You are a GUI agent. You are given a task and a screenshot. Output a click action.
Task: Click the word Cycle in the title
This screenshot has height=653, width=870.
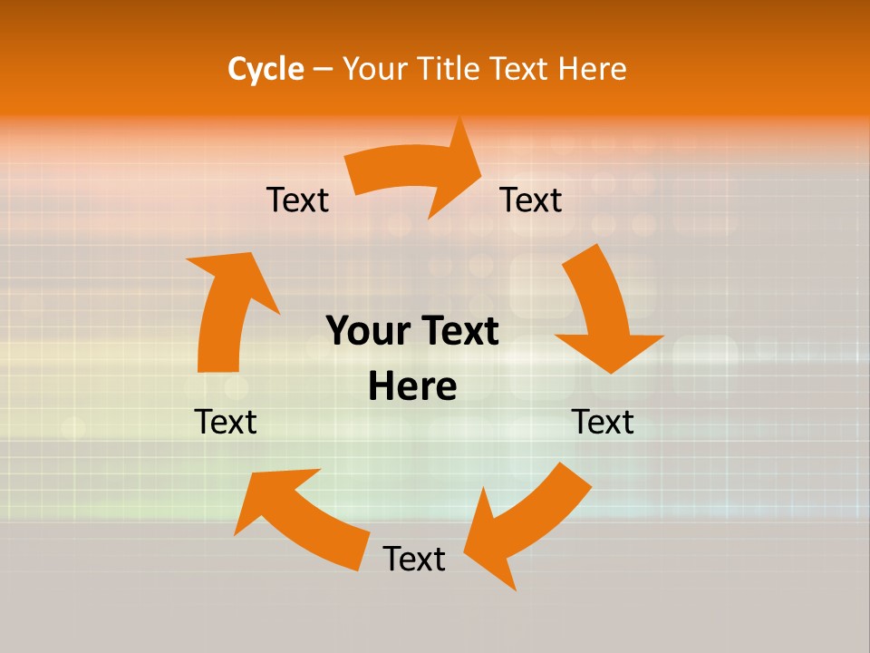pos(266,69)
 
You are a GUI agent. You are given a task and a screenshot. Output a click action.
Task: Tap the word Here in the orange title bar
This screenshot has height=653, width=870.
pos(592,69)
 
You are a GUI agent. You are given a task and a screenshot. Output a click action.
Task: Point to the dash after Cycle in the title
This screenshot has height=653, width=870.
pos(323,70)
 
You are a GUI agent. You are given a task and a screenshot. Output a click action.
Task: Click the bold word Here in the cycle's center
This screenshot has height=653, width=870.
pos(412,386)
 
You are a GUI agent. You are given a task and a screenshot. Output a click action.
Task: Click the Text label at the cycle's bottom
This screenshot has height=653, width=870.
pos(414,559)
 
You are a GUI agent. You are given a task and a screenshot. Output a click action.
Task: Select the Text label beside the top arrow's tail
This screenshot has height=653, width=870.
pos(297,200)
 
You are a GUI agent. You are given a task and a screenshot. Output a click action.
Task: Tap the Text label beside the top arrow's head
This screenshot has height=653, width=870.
pos(531,200)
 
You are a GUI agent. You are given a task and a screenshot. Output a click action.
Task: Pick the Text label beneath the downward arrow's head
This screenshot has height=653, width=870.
pos(603,422)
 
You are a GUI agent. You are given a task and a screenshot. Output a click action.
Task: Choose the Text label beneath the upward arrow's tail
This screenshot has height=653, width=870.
pos(226,422)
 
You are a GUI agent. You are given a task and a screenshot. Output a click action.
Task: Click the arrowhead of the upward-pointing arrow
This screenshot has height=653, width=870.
pos(234,272)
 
